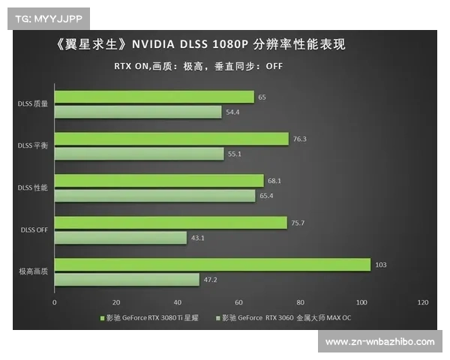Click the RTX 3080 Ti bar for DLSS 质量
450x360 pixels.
coord(154,97)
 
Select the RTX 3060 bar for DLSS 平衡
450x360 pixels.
coord(139,154)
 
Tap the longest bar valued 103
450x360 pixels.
coord(212,265)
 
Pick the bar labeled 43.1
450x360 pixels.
coord(120,238)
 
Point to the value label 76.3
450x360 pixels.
coord(300,139)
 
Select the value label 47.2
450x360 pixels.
coord(211,280)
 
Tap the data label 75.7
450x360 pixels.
coord(298,223)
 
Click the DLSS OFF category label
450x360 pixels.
coord(34,230)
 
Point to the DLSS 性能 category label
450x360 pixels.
coord(34,188)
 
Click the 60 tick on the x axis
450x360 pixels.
coord(238,302)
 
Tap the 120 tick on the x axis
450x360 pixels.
coord(422,302)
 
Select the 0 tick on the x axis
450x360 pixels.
coord(55,302)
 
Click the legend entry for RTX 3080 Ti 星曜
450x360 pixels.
coord(152,318)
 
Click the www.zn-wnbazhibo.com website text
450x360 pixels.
coord(379,342)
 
